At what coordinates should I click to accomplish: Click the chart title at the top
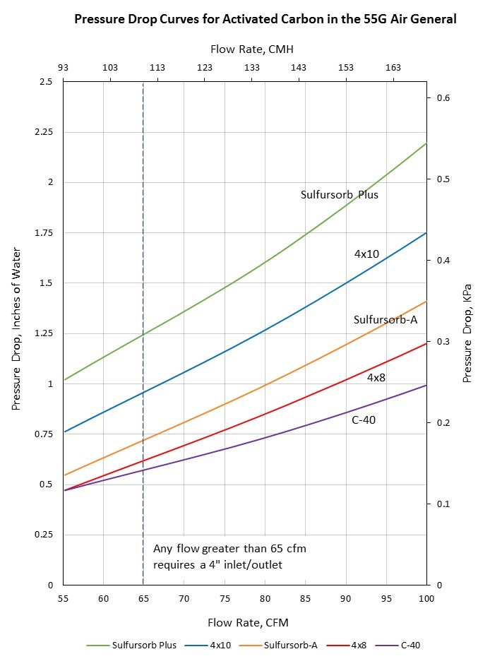(265, 19)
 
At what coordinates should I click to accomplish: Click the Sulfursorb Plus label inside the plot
(340, 194)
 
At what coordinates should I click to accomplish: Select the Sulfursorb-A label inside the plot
(386, 320)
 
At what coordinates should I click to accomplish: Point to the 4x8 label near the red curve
(375, 378)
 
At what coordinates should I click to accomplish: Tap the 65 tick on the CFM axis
(143, 599)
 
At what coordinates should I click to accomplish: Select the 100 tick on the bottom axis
(426, 599)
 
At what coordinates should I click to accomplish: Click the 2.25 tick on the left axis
(46, 132)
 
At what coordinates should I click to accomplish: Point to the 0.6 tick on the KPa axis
(443, 98)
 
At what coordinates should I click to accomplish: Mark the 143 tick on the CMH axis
(299, 67)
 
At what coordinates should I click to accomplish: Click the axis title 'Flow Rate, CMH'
(251, 49)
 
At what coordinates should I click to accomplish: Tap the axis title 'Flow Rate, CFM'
(248, 622)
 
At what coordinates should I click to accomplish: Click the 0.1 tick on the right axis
(443, 504)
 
